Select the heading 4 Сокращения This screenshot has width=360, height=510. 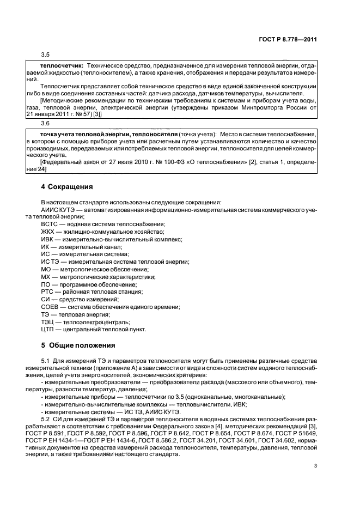pos(67,186)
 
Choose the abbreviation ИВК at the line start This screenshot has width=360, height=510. pos(48,239)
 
